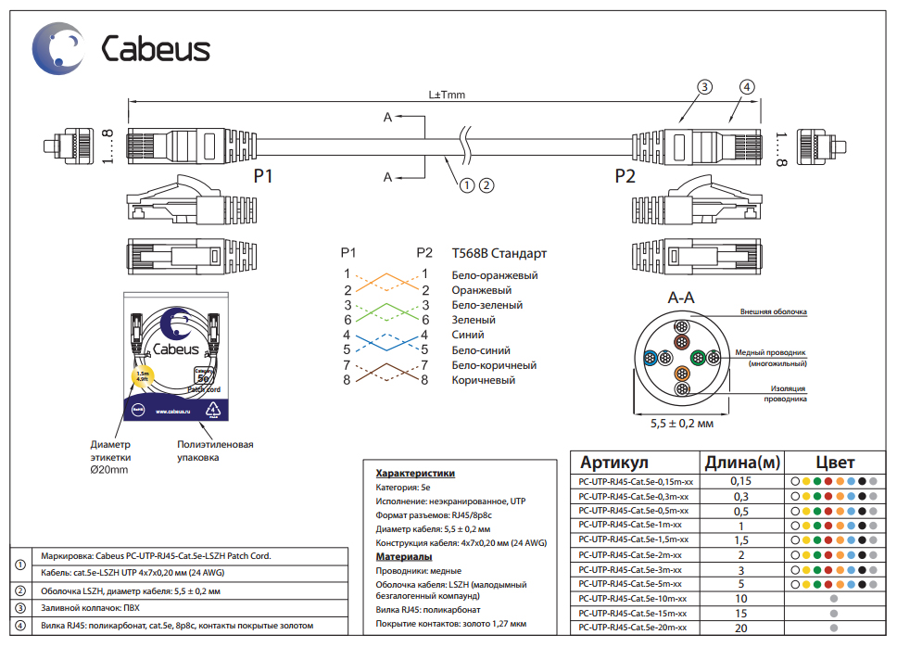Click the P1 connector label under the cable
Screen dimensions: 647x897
click(x=263, y=176)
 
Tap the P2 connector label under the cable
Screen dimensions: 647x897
click(x=625, y=176)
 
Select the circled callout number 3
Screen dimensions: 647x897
click(x=704, y=87)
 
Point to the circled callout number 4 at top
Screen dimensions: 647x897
click(x=746, y=87)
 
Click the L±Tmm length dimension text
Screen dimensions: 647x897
click(x=447, y=95)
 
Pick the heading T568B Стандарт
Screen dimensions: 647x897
click(x=499, y=252)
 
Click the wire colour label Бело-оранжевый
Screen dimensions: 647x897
click(x=495, y=275)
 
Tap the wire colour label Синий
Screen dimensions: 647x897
click(x=468, y=335)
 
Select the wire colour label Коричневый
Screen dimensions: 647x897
click(x=484, y=380)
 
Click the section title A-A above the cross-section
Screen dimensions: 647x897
click(x=681, y=298)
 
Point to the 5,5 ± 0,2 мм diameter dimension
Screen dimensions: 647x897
click(x=681, y=423)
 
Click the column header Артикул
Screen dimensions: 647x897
click(x=613, y=463)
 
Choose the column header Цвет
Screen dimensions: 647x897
click(x=835, y=463)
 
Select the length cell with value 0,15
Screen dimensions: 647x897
click(x=740, y=481)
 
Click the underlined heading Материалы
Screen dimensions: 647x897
click(x=404, y=556)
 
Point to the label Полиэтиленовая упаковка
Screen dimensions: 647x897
click(x=215, y=450)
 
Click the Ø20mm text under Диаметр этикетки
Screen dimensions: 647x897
click(x=109, y=470)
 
